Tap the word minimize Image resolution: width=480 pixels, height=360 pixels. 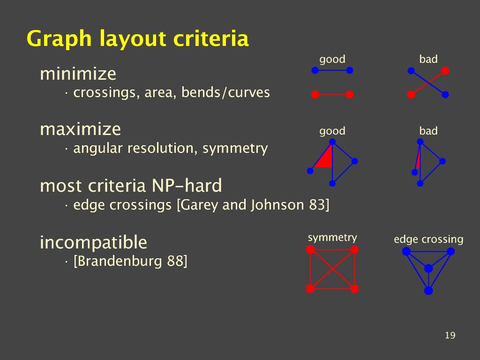coord(78,74)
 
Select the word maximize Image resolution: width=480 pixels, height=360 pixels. coord(81,129)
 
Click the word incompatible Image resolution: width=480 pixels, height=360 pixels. coord(93,242)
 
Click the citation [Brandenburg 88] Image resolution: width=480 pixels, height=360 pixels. coord(130,261)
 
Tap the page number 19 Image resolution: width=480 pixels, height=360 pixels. coord(450,336)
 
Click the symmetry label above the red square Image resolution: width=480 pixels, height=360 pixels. coord(332,238)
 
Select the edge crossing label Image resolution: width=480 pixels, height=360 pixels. coord(428,240)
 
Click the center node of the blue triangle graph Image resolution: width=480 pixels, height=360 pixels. coord(428,269)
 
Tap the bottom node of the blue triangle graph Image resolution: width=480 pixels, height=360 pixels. coord(428,290)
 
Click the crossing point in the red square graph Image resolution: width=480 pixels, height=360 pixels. coord(332,269)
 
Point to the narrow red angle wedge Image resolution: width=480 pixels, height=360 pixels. coord(418,159)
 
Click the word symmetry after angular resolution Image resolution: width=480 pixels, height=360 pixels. coord(235,149)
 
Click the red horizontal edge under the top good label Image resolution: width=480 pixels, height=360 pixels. coord(332,95)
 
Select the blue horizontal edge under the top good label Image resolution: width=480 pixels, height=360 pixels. coord(332,70)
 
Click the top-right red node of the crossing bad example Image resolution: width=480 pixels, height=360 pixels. coord(445,71)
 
